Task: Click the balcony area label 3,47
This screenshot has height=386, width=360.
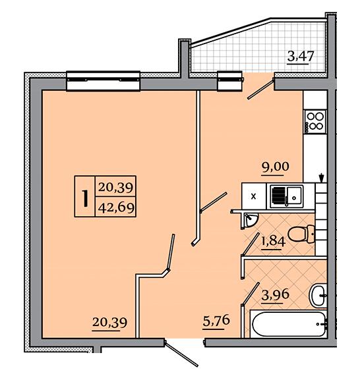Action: (301, 57)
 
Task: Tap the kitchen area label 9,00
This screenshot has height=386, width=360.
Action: (275, 167)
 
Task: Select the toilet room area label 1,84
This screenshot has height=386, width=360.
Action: (273, 242)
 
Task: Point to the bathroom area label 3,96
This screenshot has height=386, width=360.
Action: (275, 295)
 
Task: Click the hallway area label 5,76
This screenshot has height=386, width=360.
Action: (216, 321)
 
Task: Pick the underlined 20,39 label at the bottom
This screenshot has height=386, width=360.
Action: (109, 323)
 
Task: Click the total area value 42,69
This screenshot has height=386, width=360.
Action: (116, 207)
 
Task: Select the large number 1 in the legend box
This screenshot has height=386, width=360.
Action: (85, 198)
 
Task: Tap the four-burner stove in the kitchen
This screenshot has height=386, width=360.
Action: (315, 122)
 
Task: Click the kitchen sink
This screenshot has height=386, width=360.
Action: (286, 197)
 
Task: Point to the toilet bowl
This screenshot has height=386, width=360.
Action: (301, 234)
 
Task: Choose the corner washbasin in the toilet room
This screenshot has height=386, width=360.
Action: (250, 220)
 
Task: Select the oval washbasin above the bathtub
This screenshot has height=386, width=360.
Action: (318, 295)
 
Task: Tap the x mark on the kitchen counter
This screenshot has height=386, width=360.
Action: (253, 197)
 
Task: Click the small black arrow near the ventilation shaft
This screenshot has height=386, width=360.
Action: (321, 178)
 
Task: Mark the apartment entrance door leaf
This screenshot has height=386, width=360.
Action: (181, 354)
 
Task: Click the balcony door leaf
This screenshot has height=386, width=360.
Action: (261, 89)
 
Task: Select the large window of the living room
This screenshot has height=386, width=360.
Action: (104, 81)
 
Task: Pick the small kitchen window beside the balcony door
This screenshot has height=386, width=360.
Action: (229, 81)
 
